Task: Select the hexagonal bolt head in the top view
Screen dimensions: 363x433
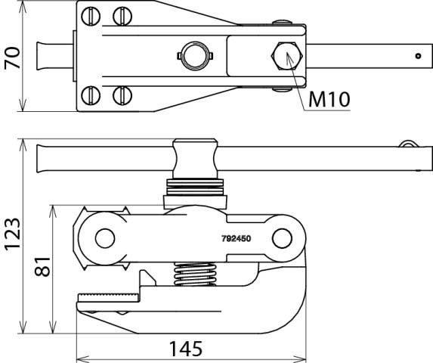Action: pos(288,56)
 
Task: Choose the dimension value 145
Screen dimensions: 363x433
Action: pos(185,349)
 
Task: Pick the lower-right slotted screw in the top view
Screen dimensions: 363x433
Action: pos(119,95)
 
